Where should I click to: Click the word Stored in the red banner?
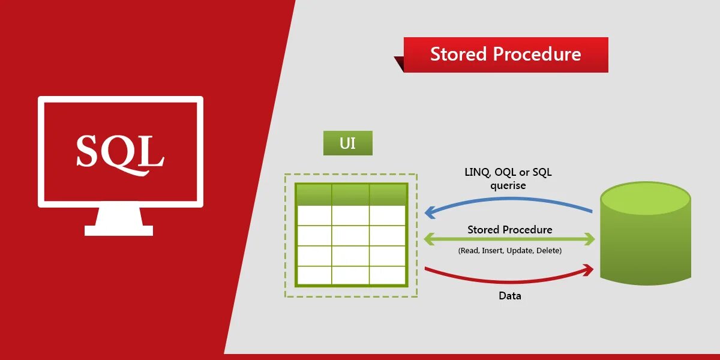(458, 54)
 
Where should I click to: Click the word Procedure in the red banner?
(537, 54)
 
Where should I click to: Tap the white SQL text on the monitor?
(120, 151)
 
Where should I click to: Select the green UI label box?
(347, 143)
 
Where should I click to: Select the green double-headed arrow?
(509, 239)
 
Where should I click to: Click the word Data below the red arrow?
(510, 296)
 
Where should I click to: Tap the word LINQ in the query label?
(478, 173)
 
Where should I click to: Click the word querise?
(508, 185)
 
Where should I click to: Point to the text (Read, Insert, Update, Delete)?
(509, 251)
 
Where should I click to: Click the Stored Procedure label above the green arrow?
(509, 230)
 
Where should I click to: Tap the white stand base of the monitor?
(119, 230)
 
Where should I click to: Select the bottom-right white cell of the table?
(388, 275)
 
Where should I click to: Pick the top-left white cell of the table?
(314, 215)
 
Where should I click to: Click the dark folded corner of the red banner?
(399, 64)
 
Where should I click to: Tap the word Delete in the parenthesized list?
(549, 251)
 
